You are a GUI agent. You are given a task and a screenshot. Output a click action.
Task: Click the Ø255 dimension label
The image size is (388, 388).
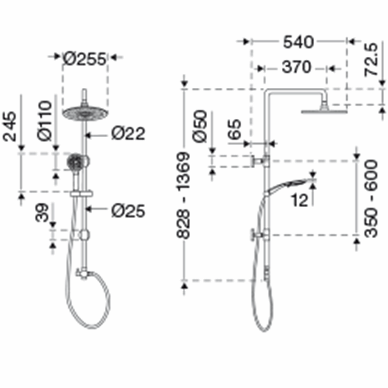click(84, 59)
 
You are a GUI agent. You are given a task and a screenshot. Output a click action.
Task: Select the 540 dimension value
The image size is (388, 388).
click(298, 42)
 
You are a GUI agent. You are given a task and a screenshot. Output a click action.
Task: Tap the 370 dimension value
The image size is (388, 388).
click(296, 67)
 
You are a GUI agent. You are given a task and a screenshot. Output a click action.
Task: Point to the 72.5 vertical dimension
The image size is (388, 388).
click(371, 60)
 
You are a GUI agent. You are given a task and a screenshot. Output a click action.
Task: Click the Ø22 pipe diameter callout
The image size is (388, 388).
click(128, 134)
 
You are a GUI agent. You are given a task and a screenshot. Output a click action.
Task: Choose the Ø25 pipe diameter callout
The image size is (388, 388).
click(128, 211)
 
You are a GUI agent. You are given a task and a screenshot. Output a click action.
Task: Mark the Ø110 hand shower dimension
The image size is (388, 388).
click(45, 120)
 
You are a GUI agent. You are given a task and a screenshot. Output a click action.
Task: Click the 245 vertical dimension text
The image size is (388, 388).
click(10, 127)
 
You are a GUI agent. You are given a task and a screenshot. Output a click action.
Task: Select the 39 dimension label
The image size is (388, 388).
click(42, 212)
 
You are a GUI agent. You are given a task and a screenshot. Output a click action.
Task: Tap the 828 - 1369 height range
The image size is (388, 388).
click(183, 195)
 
